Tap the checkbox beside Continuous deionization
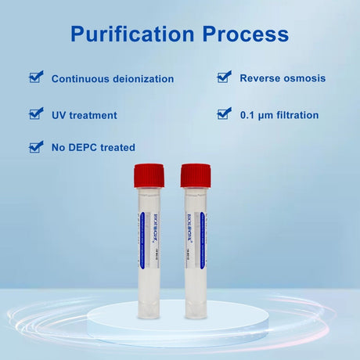(36, 77)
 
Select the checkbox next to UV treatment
(36, 113)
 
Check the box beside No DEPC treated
(36, 146)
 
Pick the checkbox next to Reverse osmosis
(224, 77)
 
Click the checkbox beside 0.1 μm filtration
(224, 113)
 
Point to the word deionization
(142, 79)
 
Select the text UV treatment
(84, 115)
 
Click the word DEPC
(81, 147)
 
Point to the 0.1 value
(247, 115)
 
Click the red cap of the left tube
(148, 175)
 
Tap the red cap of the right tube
(196, 175)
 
